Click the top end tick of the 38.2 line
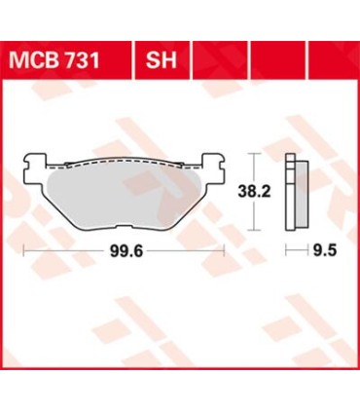click(x=254, y=153)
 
